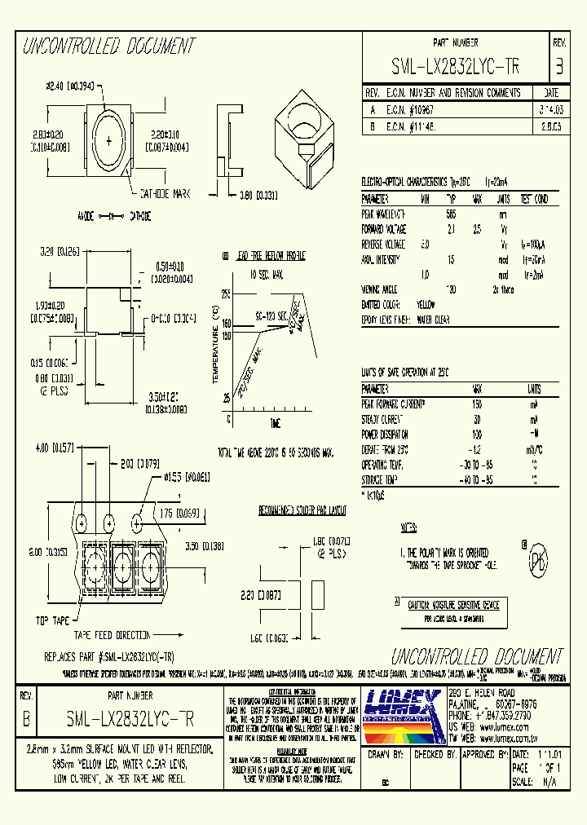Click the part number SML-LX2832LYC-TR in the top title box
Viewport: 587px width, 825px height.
tap(456, 65)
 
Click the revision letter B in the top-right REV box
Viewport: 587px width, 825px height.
tap(558, 65)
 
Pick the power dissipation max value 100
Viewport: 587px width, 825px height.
tap(477, 434)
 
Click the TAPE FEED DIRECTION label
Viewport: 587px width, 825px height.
tap(113, 635)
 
